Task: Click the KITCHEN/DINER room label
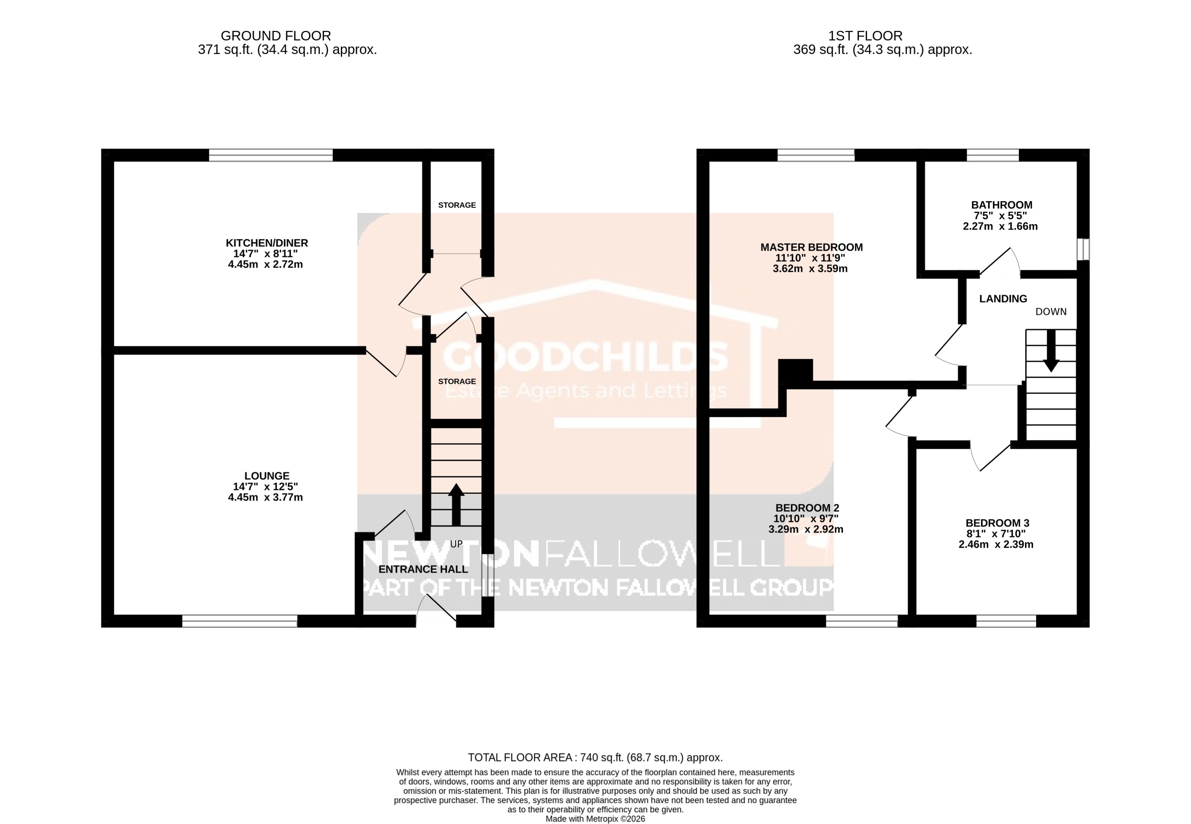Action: coord(266,243)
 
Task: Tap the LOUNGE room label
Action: coord(266,476)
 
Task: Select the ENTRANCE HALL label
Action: coord(423,569)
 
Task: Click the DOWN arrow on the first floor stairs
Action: coord(1050,351)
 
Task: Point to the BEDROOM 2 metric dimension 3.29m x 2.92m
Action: coord(805,529)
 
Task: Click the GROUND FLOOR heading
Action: coord(276,36)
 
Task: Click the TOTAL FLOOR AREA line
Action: coord(595,757)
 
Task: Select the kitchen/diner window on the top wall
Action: coord(271,155)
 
